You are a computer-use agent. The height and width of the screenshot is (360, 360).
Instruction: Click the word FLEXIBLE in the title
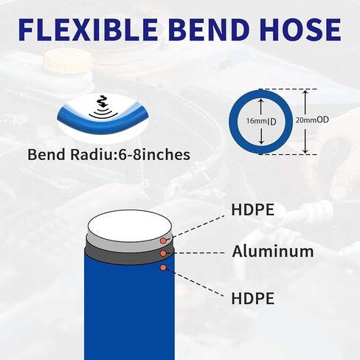(x=88, y=29)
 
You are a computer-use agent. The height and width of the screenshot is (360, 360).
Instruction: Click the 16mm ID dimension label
(x=261, y=121)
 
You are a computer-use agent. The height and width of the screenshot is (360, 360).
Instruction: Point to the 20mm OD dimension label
(x=312, y=120)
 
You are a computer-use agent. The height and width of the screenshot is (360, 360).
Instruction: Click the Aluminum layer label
(x=273, y=252)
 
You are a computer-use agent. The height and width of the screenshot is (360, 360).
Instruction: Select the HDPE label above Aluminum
(x=253, y=210)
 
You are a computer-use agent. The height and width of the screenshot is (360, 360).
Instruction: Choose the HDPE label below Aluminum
(x=253, y=298)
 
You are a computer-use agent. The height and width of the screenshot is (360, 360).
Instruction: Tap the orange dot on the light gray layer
(x=163, y=241)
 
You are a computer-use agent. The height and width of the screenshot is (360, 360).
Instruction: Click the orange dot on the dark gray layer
(x=163, y=253)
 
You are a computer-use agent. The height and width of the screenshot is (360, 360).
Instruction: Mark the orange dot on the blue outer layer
(x=163, y=268)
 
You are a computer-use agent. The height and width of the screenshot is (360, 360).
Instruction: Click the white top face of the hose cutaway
(x=130, y=226)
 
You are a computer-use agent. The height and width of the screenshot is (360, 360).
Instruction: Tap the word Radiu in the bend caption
(x=92, y=155)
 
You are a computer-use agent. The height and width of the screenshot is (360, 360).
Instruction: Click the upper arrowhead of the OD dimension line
(x=305, y=92)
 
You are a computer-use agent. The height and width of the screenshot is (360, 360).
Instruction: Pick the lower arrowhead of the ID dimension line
(x=262, y=142)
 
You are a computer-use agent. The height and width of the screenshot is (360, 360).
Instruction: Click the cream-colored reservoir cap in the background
(x=68, y=60)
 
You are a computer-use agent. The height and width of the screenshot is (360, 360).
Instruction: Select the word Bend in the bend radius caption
(x=46, y=155)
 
